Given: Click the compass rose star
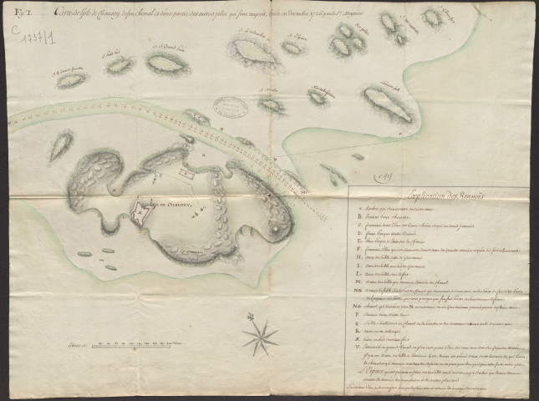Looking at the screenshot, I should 260,337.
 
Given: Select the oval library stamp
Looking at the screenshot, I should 230,106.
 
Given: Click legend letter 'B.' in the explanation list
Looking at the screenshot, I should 357,216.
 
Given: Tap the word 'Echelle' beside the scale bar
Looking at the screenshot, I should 79,344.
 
